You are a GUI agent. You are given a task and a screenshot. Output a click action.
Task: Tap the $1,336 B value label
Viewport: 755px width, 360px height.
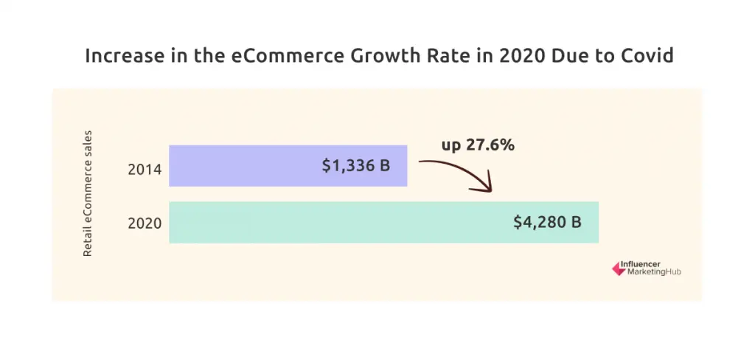[355, 166]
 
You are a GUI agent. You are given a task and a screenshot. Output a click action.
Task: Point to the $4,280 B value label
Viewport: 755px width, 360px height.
[547, 222]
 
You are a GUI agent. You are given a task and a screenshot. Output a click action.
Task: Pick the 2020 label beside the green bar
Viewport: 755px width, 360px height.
[145, 224]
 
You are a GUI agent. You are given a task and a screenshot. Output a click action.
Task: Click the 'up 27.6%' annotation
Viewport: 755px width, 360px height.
[478, 145]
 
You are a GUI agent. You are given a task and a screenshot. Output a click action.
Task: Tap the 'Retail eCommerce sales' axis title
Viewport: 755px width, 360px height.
[88, 194]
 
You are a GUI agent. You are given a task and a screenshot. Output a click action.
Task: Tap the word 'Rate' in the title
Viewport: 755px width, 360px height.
[451, 56]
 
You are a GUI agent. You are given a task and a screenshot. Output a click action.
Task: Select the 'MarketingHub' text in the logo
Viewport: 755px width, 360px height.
[653, 272]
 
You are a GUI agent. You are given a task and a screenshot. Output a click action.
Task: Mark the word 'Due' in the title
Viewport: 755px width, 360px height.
[575, 56]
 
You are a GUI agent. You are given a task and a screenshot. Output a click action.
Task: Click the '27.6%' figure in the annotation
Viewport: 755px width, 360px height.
[490, 145]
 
